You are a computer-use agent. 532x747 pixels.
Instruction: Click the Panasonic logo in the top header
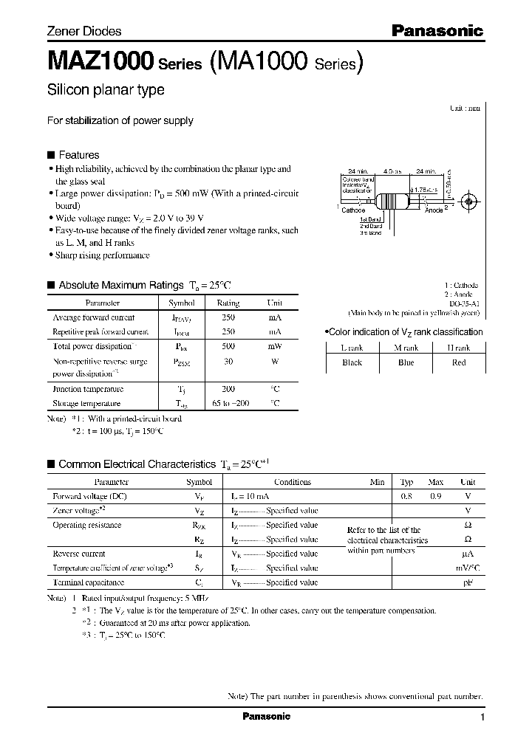pos(437,31)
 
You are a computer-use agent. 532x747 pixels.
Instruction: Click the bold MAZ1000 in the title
pos(100,61)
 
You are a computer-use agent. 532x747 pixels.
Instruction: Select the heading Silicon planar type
pos(106,90)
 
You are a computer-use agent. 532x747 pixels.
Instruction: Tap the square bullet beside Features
pos(51,155)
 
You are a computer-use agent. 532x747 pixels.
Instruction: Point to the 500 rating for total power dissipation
pos(228,346)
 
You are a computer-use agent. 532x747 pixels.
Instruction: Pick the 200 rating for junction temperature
pos(228,388)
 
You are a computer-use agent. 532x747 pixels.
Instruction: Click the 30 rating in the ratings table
pos(228,362)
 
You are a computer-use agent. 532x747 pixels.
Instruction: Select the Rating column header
pos(228,303)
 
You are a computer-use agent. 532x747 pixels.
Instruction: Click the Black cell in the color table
pos(352,362)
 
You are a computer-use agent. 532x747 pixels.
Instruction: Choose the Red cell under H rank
pos(458,362)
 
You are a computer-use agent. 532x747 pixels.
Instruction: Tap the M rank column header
pos(405,348)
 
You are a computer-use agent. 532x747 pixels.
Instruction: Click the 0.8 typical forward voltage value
pos(406,497)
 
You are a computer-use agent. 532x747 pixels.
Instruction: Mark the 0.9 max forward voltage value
pos(435,497)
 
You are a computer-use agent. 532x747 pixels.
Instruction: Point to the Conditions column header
pos(293,482)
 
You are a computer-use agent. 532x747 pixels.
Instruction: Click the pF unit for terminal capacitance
pos(467,582)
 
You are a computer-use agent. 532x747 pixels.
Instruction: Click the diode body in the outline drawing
pos(389,201)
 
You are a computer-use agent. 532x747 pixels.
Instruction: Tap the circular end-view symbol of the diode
pos(466,200)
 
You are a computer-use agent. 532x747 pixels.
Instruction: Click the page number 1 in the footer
pos(482,717)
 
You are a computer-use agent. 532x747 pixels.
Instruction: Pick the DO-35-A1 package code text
pos(465,303)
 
